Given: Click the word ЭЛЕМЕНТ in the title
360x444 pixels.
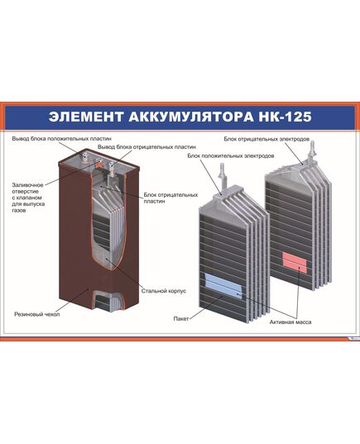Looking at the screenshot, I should pos(84,115).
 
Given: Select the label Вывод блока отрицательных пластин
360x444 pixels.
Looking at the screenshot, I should pos(146,146).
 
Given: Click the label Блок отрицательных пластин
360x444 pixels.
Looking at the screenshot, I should pos(170,198).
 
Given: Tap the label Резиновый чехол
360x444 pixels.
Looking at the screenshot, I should pos(36,313).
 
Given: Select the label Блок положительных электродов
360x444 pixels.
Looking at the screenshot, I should pos(226,155).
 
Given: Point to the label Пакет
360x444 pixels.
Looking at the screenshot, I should pos(180,317).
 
